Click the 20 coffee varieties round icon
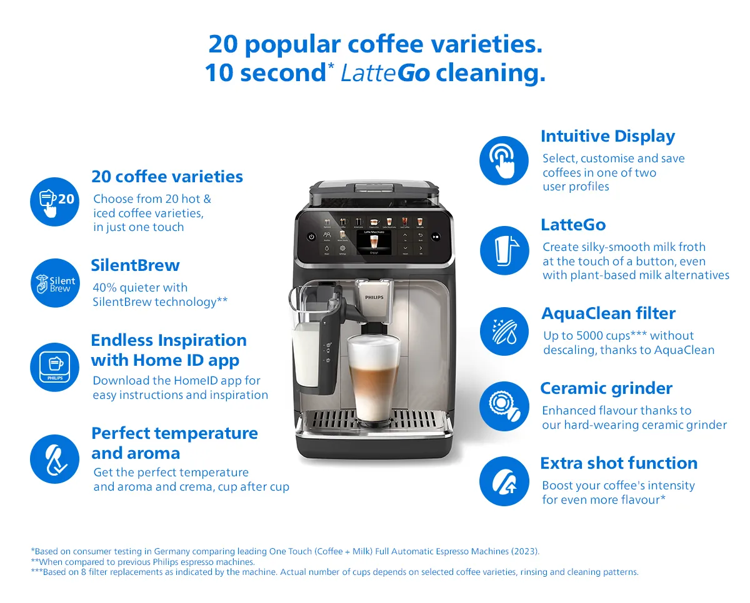point(55,202)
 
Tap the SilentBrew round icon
point(55,283)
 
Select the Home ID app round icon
point(55,367)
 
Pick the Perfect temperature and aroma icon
point(55,459)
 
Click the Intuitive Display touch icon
point(504,160)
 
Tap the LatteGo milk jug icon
point(504,250)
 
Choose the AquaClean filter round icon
point(504,331)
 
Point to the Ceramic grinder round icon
point(504,406)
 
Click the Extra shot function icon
point(504,481)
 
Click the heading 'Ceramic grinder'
point(606,388)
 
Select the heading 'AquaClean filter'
point(608,313)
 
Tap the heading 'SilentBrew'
point(135,265)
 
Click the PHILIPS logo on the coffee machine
point(374,297)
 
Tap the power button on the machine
point(312,237)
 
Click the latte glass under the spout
point(374,380)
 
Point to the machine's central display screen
point(374,242)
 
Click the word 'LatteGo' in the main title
point(385,73)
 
